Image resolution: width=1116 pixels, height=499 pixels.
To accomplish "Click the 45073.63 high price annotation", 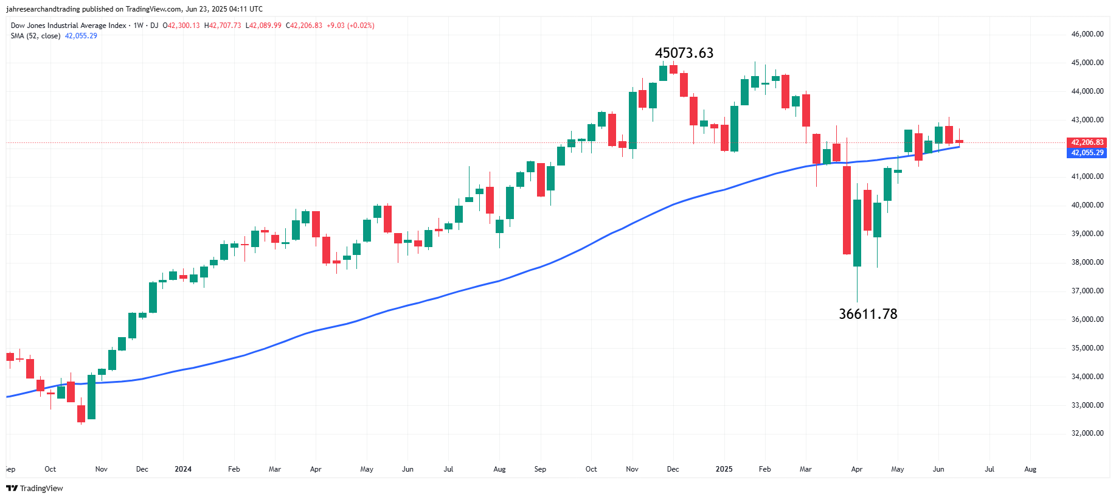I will tap(684, 53).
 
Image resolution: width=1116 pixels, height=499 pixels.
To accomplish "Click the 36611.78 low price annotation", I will tap(868, 314).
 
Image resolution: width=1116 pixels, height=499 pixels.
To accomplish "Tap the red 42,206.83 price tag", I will tap(1087, 142).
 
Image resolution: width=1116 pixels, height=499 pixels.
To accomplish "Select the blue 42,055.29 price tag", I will tap(1087, 153).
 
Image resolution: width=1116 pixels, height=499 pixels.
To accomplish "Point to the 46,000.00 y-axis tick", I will tap(1087, 34).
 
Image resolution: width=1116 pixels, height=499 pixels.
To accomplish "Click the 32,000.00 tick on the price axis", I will tap(1087, 433).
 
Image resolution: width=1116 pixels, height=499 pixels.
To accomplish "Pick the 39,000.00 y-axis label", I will tap(1087, 234).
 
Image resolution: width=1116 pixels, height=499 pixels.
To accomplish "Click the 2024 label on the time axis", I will tap(183, 469).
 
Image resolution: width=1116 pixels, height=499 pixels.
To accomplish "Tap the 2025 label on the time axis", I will tap(724, 469).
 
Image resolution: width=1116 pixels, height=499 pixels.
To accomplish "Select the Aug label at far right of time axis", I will tap(1030, 469).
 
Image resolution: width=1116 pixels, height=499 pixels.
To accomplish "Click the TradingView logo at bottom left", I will tap(35, 488).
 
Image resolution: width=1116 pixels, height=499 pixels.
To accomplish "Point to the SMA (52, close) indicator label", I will tap(35, 36).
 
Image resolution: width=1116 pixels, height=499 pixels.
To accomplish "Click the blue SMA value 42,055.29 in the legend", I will tap(81, 36).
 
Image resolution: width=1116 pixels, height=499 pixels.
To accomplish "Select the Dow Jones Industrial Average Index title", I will tap(68, 26).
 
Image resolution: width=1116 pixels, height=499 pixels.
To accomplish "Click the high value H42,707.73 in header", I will tap(223, 26).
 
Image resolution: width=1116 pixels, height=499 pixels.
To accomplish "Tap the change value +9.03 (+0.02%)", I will tap(350, 26).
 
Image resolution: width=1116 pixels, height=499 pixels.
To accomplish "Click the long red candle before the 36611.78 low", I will tap(847, 210).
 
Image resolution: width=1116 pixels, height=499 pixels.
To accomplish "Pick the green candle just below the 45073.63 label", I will tap(663, 73).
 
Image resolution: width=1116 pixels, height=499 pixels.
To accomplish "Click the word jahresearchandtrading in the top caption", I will tap(43, 9).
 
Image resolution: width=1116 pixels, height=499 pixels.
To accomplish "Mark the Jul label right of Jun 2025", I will tap(989, 469).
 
